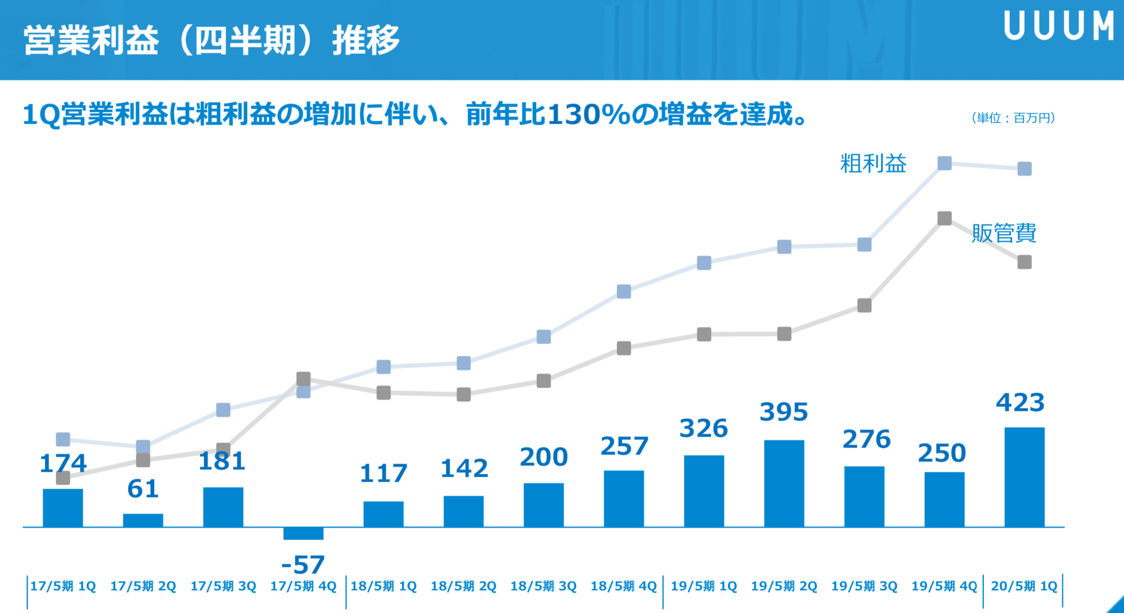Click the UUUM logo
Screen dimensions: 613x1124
click(x=1058, y=26)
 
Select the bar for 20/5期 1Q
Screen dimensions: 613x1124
click(x=1024, y=477)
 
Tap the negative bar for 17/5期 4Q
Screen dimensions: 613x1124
click(x=303, y=533)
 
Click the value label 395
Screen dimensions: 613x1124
click(x=783, y=412)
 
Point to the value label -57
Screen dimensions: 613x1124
click(x=303, y=565)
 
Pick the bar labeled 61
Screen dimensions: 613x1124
click(x=143, y=520)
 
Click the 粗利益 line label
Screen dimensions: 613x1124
click(x=873, y=163)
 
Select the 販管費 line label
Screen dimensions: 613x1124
click(x=1004, y=233)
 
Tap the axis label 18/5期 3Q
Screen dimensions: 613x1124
click(x=543, y=586)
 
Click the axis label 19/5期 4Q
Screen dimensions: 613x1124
click(x=944, y=586)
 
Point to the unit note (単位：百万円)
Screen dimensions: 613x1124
click(x=1013, y=118)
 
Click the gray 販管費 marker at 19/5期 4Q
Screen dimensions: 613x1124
click(x=944, y=219)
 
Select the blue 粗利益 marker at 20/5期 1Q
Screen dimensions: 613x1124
click(x=1024, y=169)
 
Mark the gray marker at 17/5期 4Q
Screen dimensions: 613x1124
click(x=303, y=378)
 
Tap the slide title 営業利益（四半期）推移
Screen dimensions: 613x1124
click(x=211, y=41)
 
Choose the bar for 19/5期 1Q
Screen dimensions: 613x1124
click(x=704, y=491)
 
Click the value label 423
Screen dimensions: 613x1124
click(x=1020, y=403)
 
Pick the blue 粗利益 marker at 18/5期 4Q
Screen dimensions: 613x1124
click(x=624, y=292)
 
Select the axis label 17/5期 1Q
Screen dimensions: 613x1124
click(x=63, y=586)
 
